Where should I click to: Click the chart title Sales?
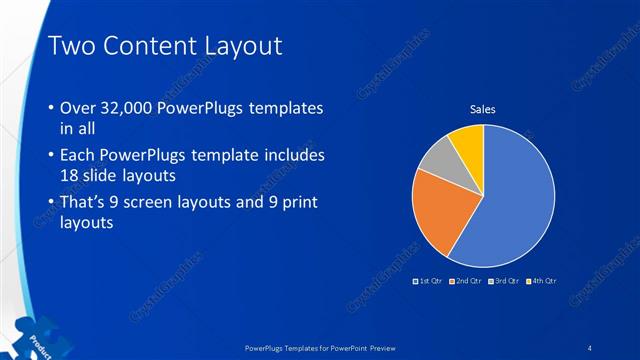click(x=483, y=109)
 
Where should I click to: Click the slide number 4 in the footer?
click(x=590, y=347)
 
